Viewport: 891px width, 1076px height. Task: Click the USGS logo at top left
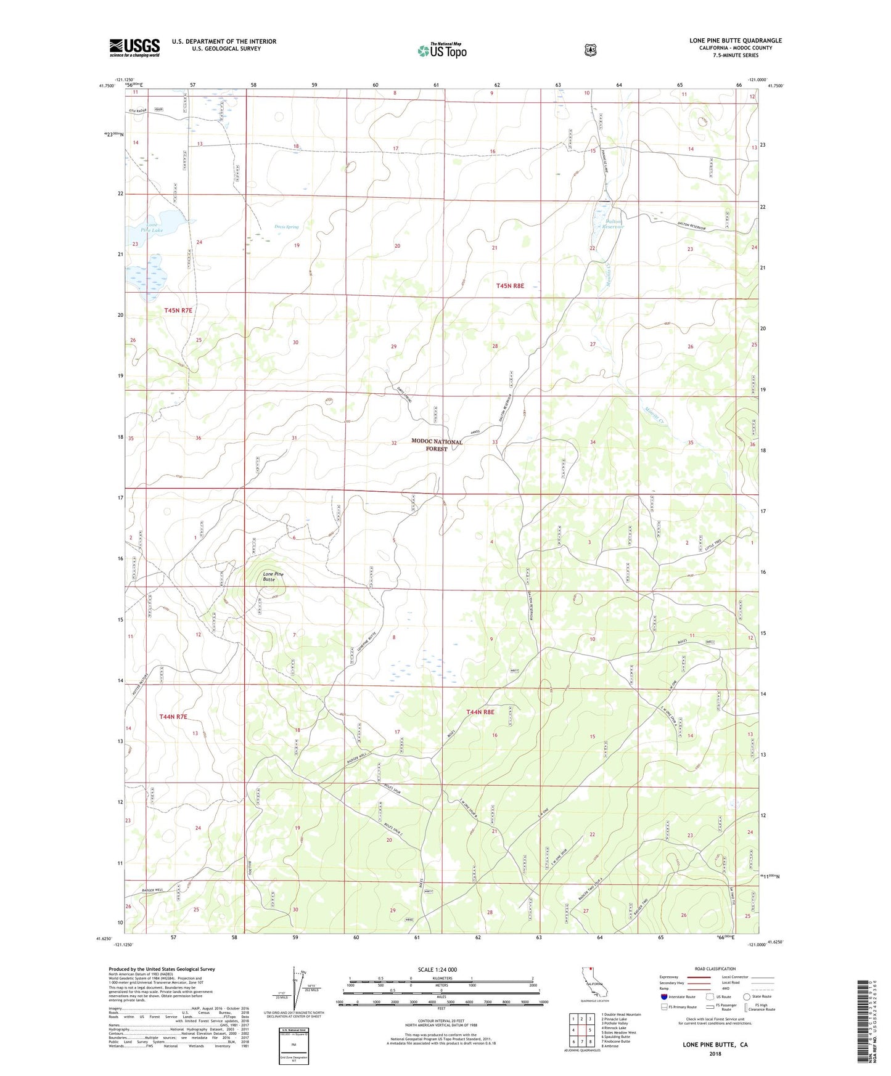tap(134, 47)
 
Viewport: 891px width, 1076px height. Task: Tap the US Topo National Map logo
tap(441, 51)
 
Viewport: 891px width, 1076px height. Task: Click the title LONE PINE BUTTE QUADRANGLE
tap(735, 41)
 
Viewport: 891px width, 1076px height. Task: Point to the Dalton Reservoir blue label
tap(612, 224)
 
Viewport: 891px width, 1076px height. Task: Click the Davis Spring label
tap(286, 227)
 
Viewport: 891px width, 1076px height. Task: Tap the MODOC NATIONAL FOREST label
tap(437, 445)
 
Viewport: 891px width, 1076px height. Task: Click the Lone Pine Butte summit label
tap(273, 577)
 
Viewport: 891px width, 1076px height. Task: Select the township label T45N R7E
tap(178, 311)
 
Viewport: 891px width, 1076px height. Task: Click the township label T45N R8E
tap(510, 285)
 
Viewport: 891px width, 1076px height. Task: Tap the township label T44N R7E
tap(173, 717)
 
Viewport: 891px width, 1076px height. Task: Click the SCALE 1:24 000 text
tap(437, 969)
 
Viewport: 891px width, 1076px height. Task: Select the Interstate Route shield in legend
tap(664, 997)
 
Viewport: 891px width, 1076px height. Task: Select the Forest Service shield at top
tap(590, 50)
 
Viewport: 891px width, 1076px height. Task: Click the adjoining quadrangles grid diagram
tap(581, 1030)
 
